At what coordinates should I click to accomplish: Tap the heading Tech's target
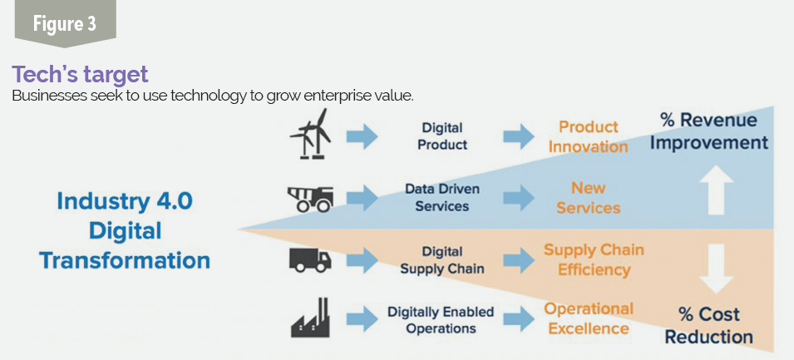pos(80,75)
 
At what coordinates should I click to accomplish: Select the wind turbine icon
pos(310,134)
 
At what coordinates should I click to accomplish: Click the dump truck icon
pos(310,199)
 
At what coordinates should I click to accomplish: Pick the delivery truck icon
pos(310,259)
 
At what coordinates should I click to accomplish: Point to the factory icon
pos(310,318)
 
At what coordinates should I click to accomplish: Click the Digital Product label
pos(442,136)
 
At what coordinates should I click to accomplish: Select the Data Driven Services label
pos(442,198)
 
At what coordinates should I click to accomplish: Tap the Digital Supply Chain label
pos(442,259)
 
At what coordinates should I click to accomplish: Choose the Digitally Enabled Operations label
pos(441,320)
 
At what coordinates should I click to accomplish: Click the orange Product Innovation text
pos(589,136)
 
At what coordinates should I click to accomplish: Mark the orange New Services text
pos(589,198)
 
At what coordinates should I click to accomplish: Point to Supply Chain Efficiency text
pos(594,259)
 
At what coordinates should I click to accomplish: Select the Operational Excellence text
pos(589,318)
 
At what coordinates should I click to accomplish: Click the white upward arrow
pos(716,190)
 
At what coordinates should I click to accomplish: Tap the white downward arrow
pos(716,269)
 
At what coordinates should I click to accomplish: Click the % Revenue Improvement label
pos(709,131)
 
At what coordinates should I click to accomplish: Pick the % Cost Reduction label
pos(708,325)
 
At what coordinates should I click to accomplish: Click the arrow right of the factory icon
pos(362,318)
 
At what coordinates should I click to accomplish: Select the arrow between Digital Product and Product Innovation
pos(518,136)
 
